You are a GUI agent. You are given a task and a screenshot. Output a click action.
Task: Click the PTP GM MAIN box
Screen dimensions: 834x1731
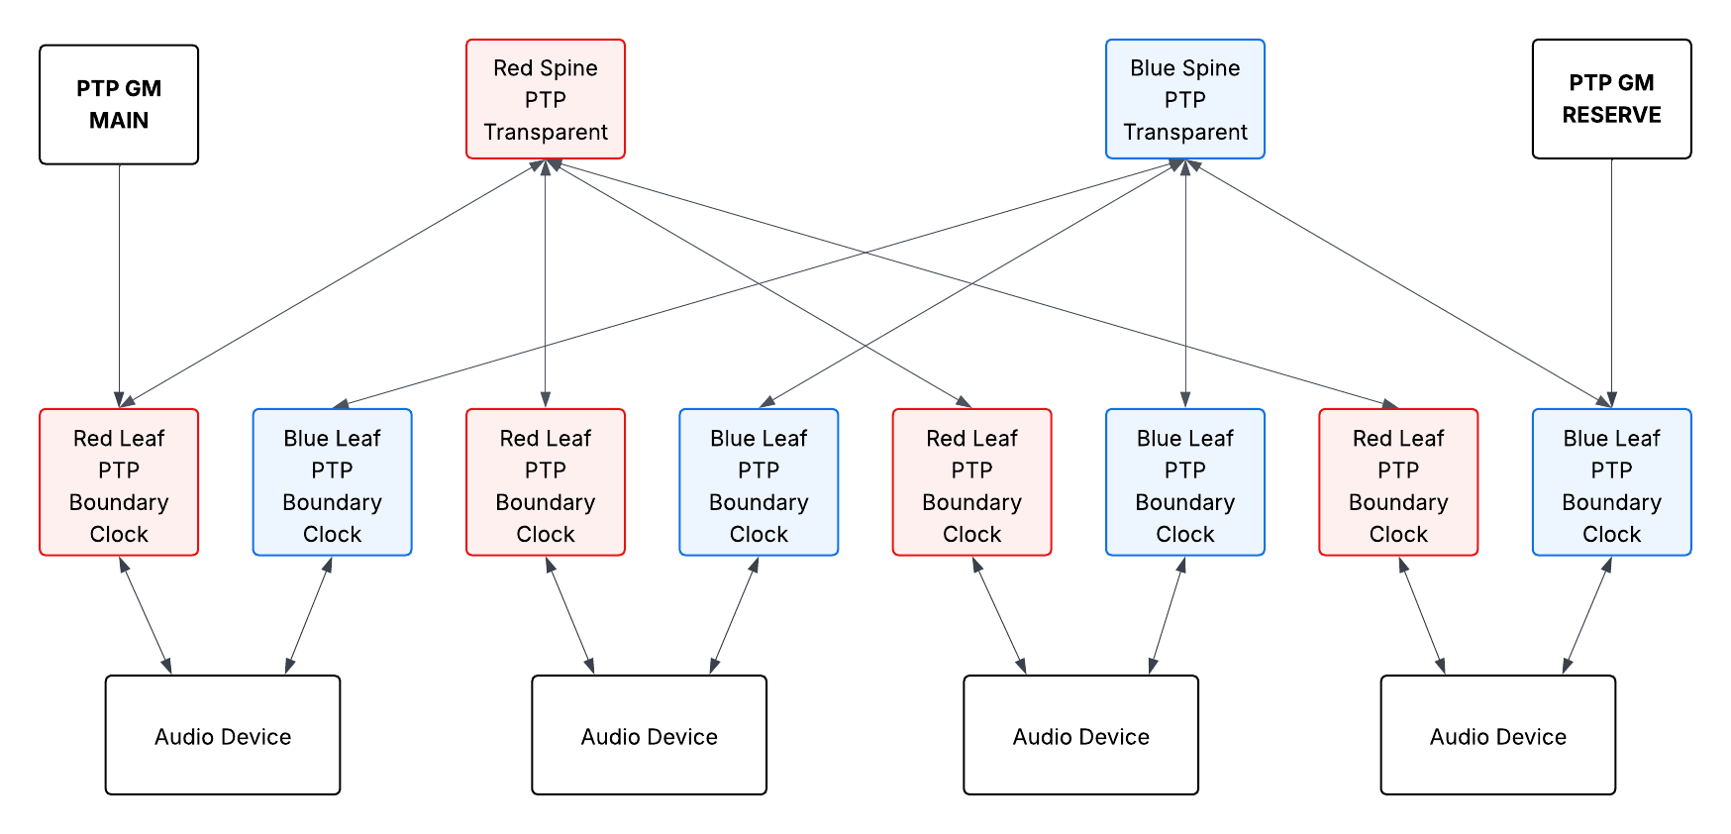[x=119, y=104]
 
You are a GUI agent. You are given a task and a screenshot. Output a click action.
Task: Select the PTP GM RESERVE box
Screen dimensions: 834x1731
[x=1611, y=98]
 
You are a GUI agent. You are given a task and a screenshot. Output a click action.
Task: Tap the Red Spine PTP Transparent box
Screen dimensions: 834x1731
[x=545, y=99]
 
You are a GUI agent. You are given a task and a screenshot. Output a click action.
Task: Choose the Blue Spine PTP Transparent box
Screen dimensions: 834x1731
[x=1184, y=99]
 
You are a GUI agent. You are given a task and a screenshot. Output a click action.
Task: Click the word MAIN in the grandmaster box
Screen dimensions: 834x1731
[x=119, y=121]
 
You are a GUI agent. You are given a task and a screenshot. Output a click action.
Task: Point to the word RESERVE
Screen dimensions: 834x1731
[x=1611, y=115]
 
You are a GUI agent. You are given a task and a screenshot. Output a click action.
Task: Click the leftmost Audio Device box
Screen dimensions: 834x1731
[x=223, y=735]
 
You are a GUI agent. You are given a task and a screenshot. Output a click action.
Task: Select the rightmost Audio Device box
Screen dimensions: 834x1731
[x=1497, y=735]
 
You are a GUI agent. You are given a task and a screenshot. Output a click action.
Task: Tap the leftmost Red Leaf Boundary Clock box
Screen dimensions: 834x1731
[x=119, y=482]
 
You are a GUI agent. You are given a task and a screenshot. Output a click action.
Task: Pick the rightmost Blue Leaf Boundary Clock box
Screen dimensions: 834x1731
[x=1611, y=482]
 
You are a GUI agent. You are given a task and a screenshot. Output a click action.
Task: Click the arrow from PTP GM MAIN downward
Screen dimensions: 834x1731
[x=119, y=287]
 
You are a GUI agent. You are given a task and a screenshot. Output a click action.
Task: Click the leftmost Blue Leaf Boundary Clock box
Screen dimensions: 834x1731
[x=332, y=482]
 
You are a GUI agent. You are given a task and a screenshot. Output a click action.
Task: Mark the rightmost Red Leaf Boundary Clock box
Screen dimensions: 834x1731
[x=1398, y=482]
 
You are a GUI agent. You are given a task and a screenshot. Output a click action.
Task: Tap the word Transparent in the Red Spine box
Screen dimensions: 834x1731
[x=546, y=132]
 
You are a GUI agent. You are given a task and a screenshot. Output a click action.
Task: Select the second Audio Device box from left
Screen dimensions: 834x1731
[x=649, y=735]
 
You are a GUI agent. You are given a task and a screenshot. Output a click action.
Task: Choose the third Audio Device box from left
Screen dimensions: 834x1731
[x=1080, y=735]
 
